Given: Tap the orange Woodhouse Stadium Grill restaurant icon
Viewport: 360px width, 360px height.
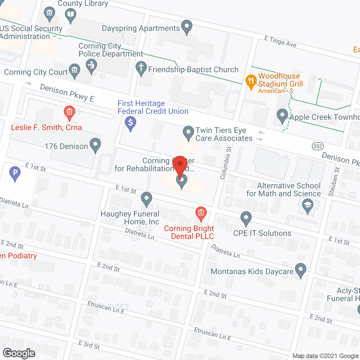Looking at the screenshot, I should pyautogui.click(x=250, y=81).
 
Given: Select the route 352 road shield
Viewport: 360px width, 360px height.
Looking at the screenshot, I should pyautogui.click(x=318, y=146).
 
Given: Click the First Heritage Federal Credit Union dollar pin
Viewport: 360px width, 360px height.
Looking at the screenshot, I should pyautogui.click(x=130, y=123).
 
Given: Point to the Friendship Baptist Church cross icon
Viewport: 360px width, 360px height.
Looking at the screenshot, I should pyautogui.click(x=141, y=68).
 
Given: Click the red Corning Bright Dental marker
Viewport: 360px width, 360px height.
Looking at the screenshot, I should pyautogui.click(x=201, y=213).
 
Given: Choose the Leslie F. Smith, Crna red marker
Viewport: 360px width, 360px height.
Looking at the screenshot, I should pyautogui.click(x=69, y=112).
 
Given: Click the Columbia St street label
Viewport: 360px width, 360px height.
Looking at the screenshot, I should pyautogui.click(x=226, y=163).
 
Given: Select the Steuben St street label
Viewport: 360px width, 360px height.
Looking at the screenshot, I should pyautogui.click(x=334, y=182).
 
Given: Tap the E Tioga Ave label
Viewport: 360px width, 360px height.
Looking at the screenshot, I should pyautogui.click(x=280, y=42).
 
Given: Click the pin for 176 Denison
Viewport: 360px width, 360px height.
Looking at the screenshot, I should pyautogui.click(x=95, y=145).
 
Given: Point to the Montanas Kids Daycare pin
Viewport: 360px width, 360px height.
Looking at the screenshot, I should pyautogui.click(x=301, y=269).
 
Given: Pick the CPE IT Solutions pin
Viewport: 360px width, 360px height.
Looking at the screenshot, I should pyautogui.click(x=246, y=218).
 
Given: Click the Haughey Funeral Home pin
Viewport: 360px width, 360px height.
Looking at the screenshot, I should pyautogui.click(x=146, y=198).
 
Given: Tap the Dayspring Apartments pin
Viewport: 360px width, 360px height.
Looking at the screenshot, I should pyautogui.click(x=187, y=26).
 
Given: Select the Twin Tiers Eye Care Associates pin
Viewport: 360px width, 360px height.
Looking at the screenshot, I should pyautogui.click(x=188, y=132).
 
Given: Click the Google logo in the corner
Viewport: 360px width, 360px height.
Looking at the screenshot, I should pyautogui.click(x=19, y=353).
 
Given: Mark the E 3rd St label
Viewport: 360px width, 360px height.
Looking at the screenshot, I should pyautogui.click(x=89, y=345).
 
